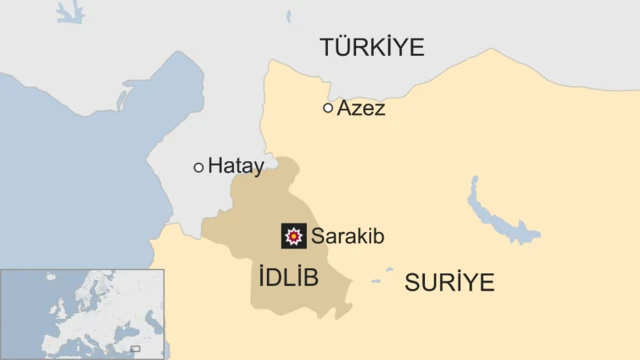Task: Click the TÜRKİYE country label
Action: (372, 46)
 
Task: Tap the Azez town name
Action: (361, 108)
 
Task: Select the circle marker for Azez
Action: (328, 107)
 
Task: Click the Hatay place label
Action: (236, 167)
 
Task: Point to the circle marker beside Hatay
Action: (199, 167)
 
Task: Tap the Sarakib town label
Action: (348, 237)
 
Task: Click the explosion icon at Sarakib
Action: (294, 236)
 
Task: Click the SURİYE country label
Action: (449, 283)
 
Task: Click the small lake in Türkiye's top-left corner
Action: (70, 13)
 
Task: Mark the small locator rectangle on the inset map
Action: (135, 348)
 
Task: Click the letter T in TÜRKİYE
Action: (328, 47)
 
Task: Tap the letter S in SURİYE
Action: (412, 283)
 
